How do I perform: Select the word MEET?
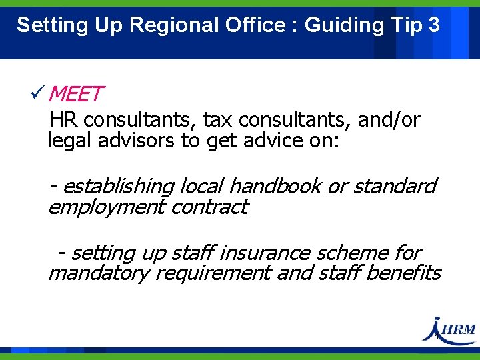(x=75, y=95)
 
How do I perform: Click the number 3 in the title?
(x=434, y=25)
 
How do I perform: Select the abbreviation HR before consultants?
(x=63, y=120)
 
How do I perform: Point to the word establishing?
(x=117, y=186)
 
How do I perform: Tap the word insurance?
(x=264, y=253)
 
